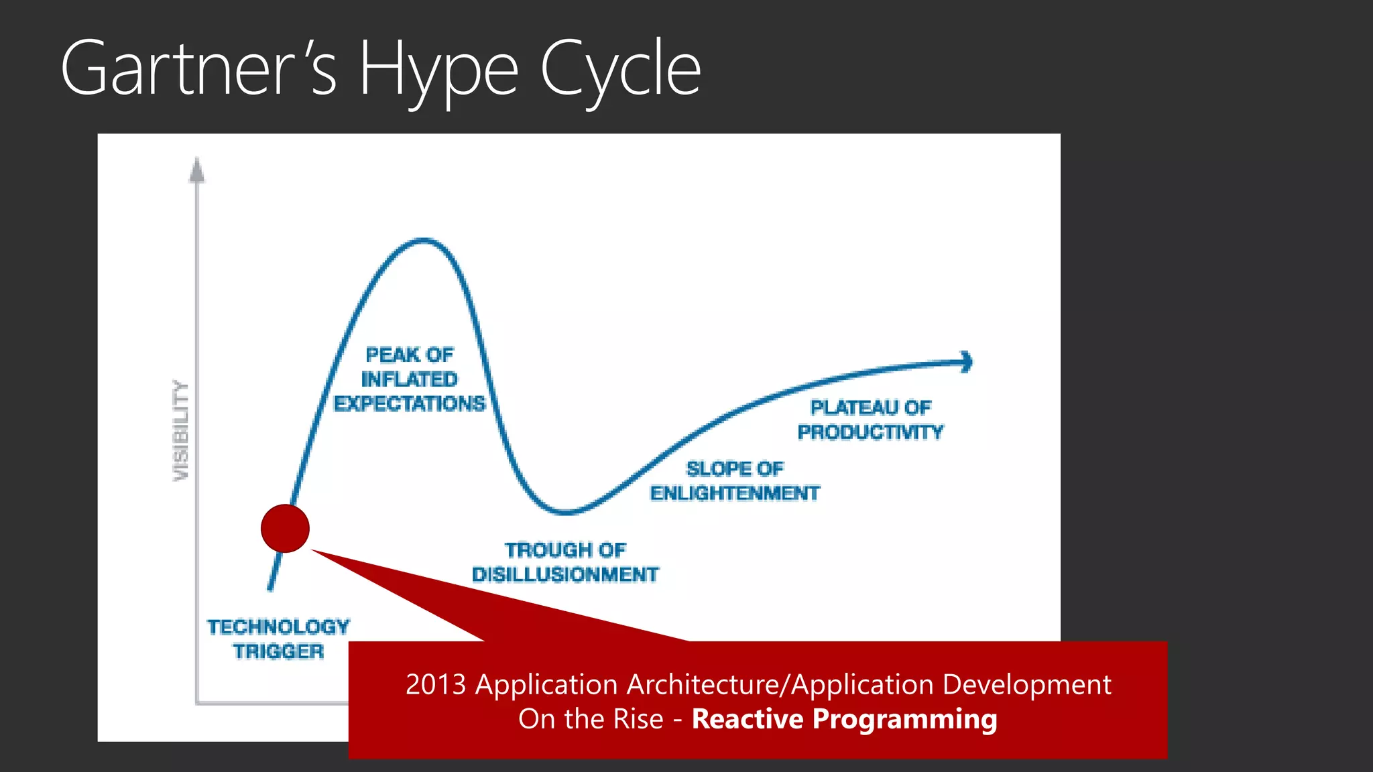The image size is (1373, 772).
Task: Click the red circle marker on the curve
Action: tap(285, 529)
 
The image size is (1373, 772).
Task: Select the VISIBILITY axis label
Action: tap(181, 430)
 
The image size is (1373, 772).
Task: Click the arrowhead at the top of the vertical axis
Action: tap(196, 170)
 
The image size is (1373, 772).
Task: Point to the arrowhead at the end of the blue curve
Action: tap(967, 362)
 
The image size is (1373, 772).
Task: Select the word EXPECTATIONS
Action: tap(410, 403)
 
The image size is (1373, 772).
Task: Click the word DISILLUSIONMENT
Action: tap(565, 575)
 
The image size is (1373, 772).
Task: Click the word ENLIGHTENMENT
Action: tap(735, 493)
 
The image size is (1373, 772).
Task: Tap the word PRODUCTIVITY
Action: tap(870, 432)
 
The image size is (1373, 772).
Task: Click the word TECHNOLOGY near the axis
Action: tap(278, 627)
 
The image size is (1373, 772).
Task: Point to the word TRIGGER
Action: tap(278, 651)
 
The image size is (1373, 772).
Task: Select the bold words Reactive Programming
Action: tap(844, 719)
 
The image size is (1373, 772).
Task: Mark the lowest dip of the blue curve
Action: tap(566, 513)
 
